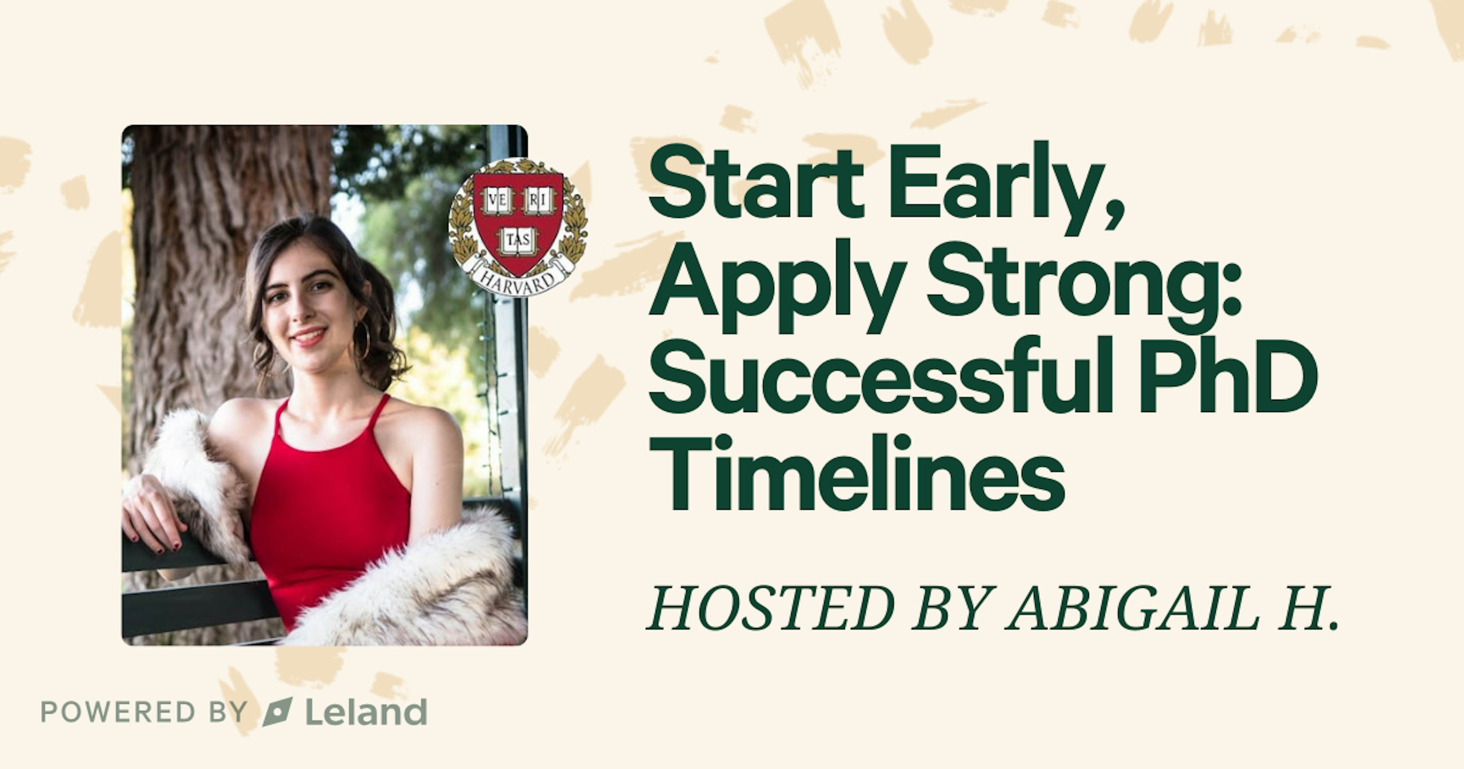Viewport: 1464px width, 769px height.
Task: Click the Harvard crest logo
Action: pyautogui.click(x=518, y=226)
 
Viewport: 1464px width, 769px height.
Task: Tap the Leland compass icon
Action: pyautogui.click(x=277, y=711)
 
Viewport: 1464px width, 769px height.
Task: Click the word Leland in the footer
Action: pyautogui.click(x=366, y=711)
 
